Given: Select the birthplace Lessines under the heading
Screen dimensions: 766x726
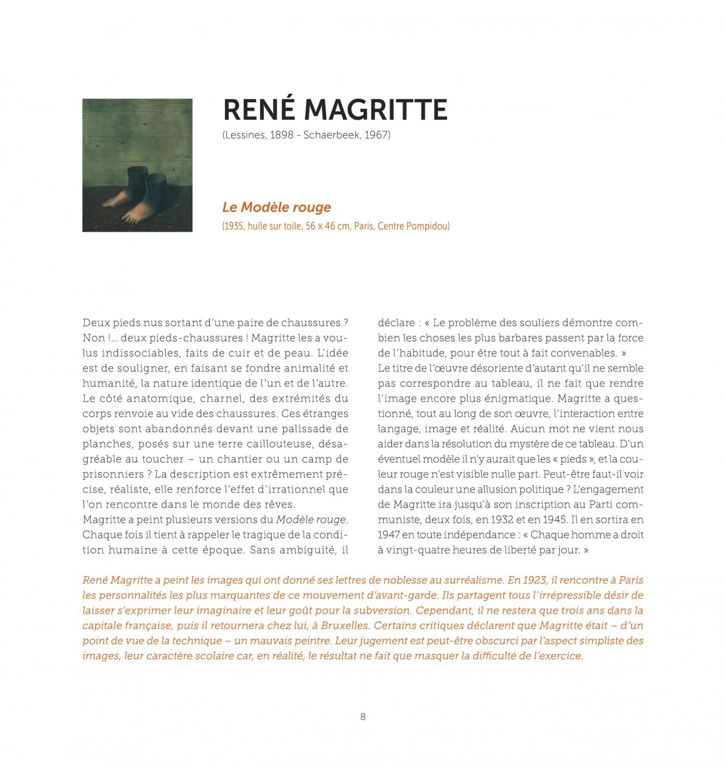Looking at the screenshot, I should pos(245,135).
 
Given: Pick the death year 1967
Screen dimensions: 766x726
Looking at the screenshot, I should pos(376,135).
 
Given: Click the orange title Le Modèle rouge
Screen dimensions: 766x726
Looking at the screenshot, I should pos(276,207).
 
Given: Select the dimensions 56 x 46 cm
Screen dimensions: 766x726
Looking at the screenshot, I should pos(330,226).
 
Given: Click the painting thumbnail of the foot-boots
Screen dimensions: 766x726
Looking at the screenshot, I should pos(137,165).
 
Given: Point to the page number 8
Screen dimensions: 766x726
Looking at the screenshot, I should pos(363,717).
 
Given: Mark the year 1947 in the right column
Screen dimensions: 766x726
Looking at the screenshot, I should pos(388,535).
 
